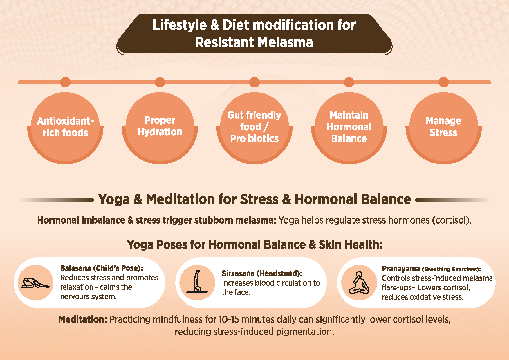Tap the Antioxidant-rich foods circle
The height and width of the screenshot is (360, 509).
pos(65,128)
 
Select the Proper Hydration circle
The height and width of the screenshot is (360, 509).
pos(160,128)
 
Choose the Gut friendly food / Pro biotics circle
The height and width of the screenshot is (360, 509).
pos(255,128)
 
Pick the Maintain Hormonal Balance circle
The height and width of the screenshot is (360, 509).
pos(349,128)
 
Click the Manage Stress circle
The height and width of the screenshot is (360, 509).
pos(444,128)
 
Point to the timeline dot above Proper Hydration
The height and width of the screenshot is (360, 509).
pos(160,82)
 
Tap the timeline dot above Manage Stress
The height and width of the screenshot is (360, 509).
pos(444,82)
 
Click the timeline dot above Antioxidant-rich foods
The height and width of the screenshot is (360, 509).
pos(65,82)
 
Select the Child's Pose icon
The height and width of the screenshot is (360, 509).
pos(35,283)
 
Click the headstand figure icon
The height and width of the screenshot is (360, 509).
pos(197,281)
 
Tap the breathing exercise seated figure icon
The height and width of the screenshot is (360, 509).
pos(359,283)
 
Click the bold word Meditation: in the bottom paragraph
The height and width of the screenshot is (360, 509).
pos(83,319)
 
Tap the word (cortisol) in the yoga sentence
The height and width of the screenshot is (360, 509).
pos(452,220)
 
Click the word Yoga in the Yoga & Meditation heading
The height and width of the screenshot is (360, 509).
pos(114,199)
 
